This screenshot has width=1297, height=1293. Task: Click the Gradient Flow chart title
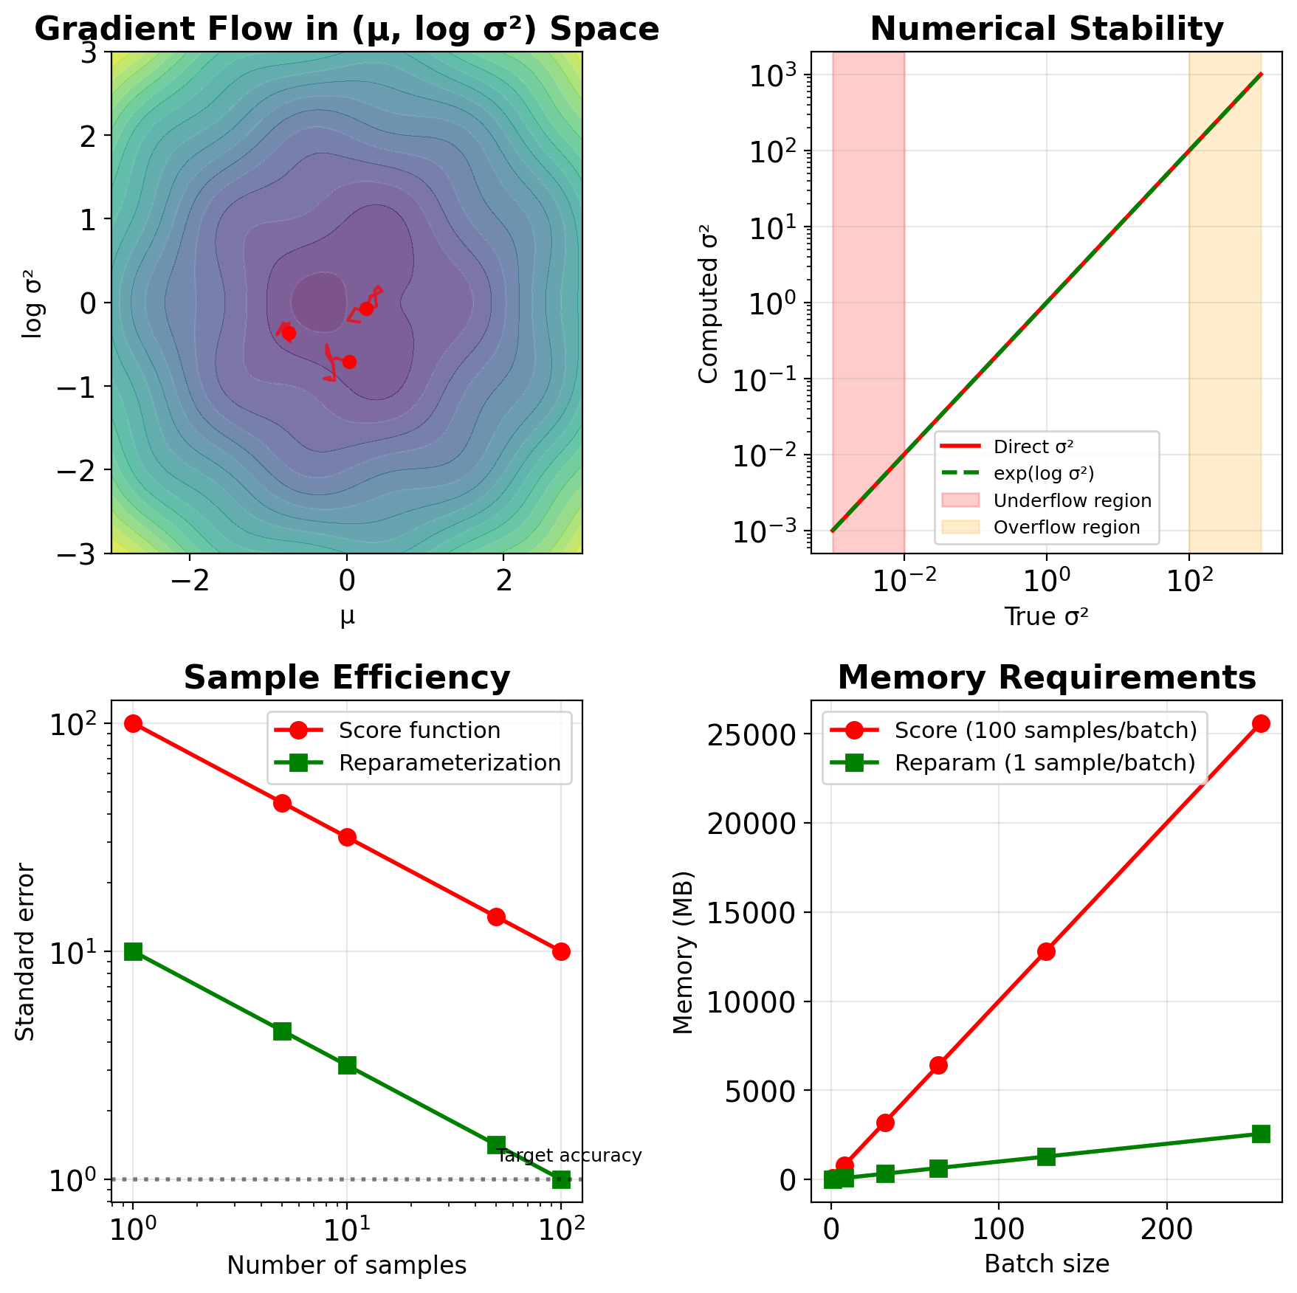346,30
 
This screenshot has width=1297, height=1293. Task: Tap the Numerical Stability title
1046,30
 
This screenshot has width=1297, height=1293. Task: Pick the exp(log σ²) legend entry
1044,473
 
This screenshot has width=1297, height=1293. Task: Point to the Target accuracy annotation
569,1155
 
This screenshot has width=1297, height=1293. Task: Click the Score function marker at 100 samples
561,951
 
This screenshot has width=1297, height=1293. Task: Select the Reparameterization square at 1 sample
133,951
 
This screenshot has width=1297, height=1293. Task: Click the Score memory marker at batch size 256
1261,723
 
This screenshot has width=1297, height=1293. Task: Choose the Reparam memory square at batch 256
1261,1134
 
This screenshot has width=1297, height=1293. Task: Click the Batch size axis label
1046,1263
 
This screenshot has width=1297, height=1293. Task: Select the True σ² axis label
1046,616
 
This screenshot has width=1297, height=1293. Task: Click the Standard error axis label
26,951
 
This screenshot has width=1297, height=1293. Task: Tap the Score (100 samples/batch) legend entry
1045,730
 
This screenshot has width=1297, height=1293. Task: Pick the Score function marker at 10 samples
347,837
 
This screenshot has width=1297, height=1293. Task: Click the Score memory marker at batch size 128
1046,951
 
